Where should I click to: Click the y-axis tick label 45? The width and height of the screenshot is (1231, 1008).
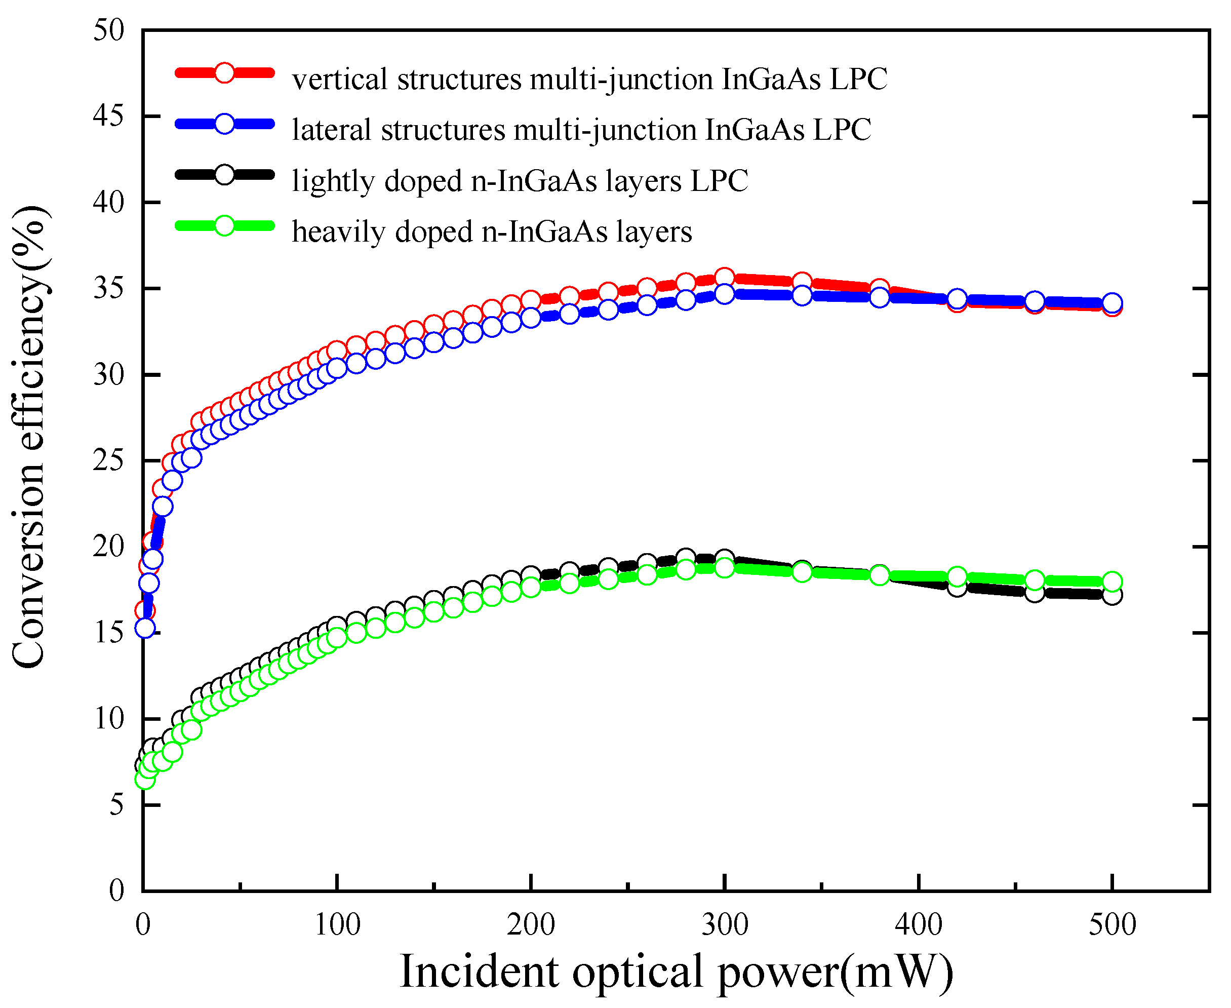108,117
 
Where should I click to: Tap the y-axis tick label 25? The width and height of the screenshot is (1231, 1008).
108,461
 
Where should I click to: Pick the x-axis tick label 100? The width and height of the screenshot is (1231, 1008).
337,925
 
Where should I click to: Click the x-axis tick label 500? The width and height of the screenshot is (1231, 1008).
1112,925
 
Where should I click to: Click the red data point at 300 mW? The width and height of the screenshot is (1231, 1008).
724,277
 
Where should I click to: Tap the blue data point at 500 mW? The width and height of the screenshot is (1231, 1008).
1112,302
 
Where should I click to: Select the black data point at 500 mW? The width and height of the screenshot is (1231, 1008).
1112,595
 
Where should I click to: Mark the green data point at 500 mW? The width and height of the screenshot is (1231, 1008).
1112,581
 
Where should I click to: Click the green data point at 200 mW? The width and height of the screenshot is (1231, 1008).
531,588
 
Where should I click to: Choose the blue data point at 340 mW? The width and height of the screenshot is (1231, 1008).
802,295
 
